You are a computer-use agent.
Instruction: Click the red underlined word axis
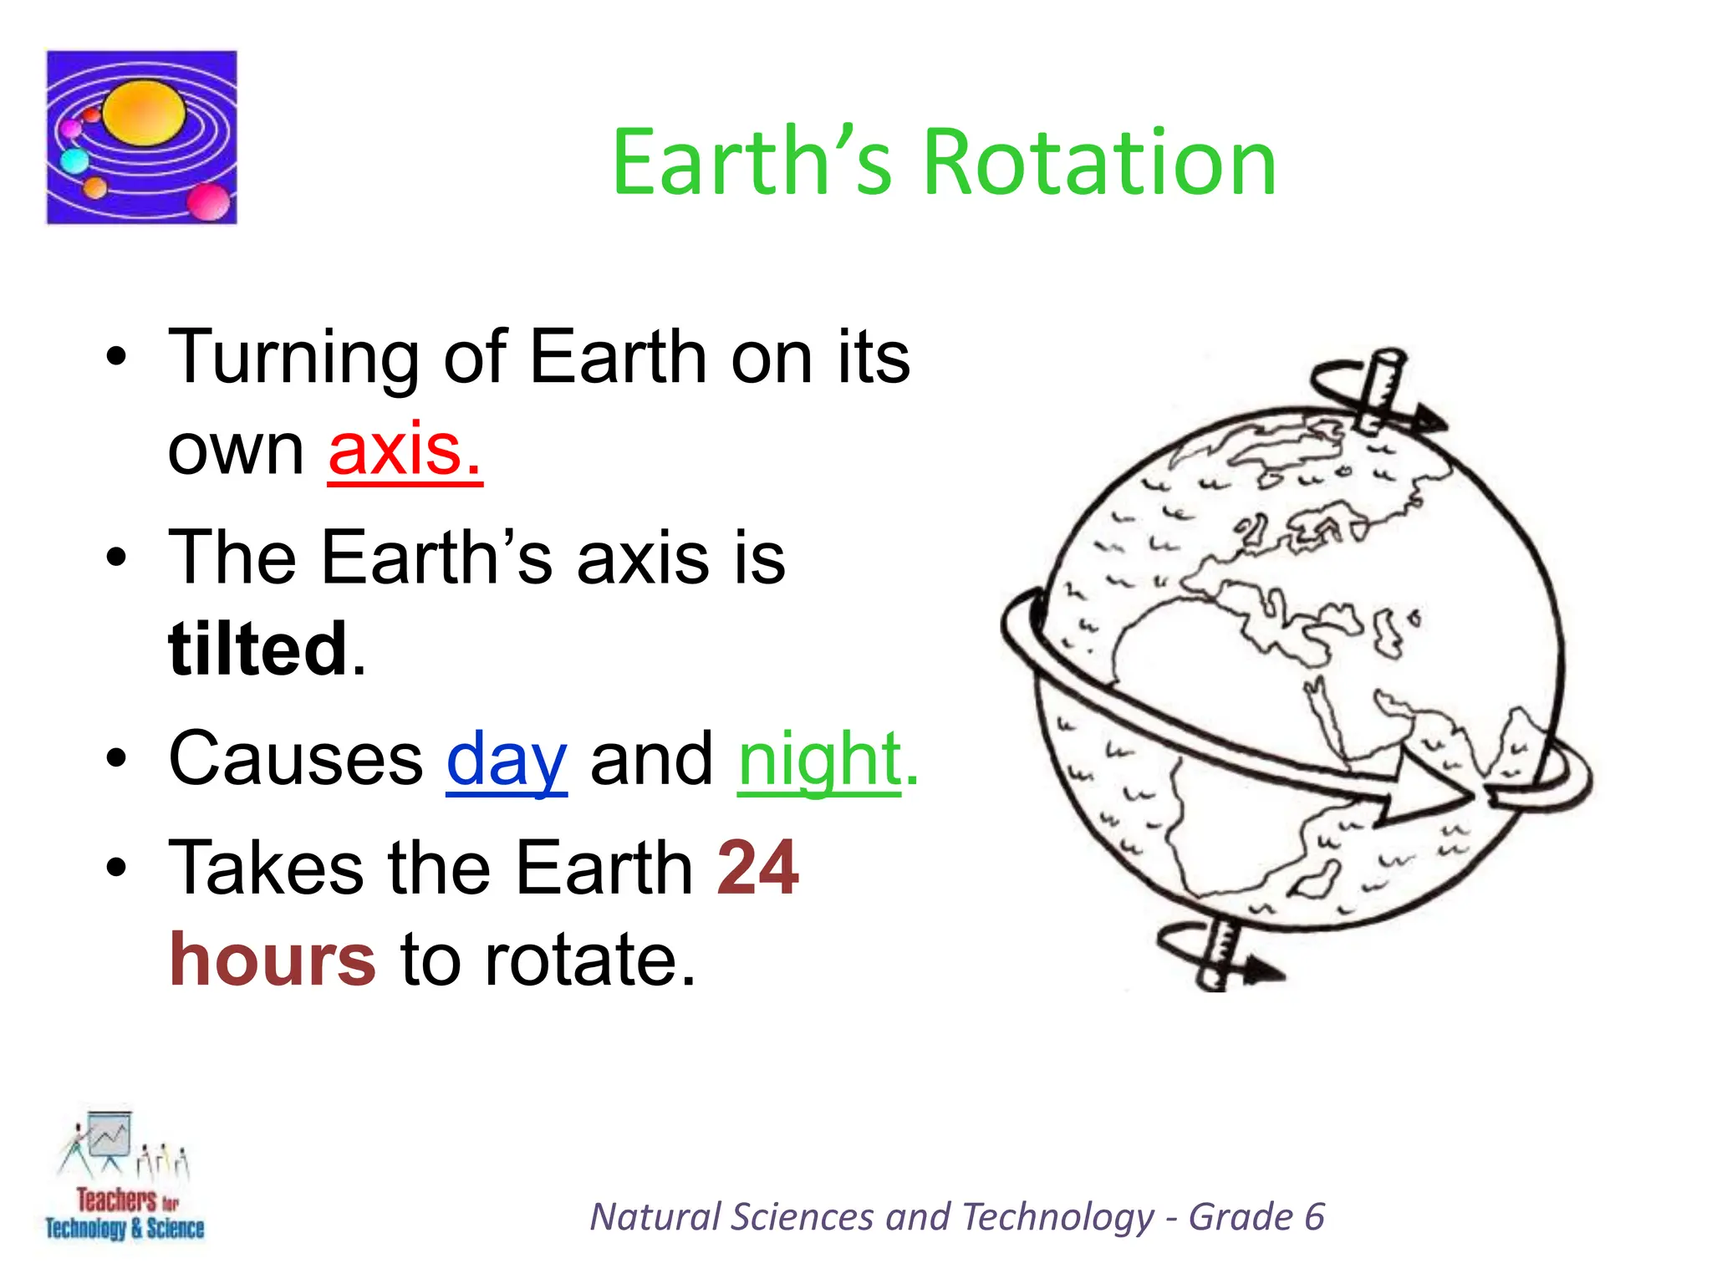click(405, 450)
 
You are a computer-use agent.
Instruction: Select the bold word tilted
click(257, 649)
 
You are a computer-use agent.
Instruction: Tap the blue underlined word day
click(507, 759)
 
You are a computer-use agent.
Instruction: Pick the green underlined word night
click(819, 759)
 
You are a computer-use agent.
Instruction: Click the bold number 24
click(757, 868)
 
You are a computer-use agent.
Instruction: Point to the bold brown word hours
click(273, 960)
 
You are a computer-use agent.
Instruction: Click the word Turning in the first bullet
click(293, 358)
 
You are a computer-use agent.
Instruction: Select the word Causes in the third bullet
click(296, 759)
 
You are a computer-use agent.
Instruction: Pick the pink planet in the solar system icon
click(207, 201)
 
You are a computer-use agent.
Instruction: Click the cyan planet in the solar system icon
click(75, 160)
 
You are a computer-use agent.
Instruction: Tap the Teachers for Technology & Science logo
click(125, 1179)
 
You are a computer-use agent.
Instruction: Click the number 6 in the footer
click(1314, 1217)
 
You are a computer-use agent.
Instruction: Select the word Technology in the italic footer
click(1057, 1217)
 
